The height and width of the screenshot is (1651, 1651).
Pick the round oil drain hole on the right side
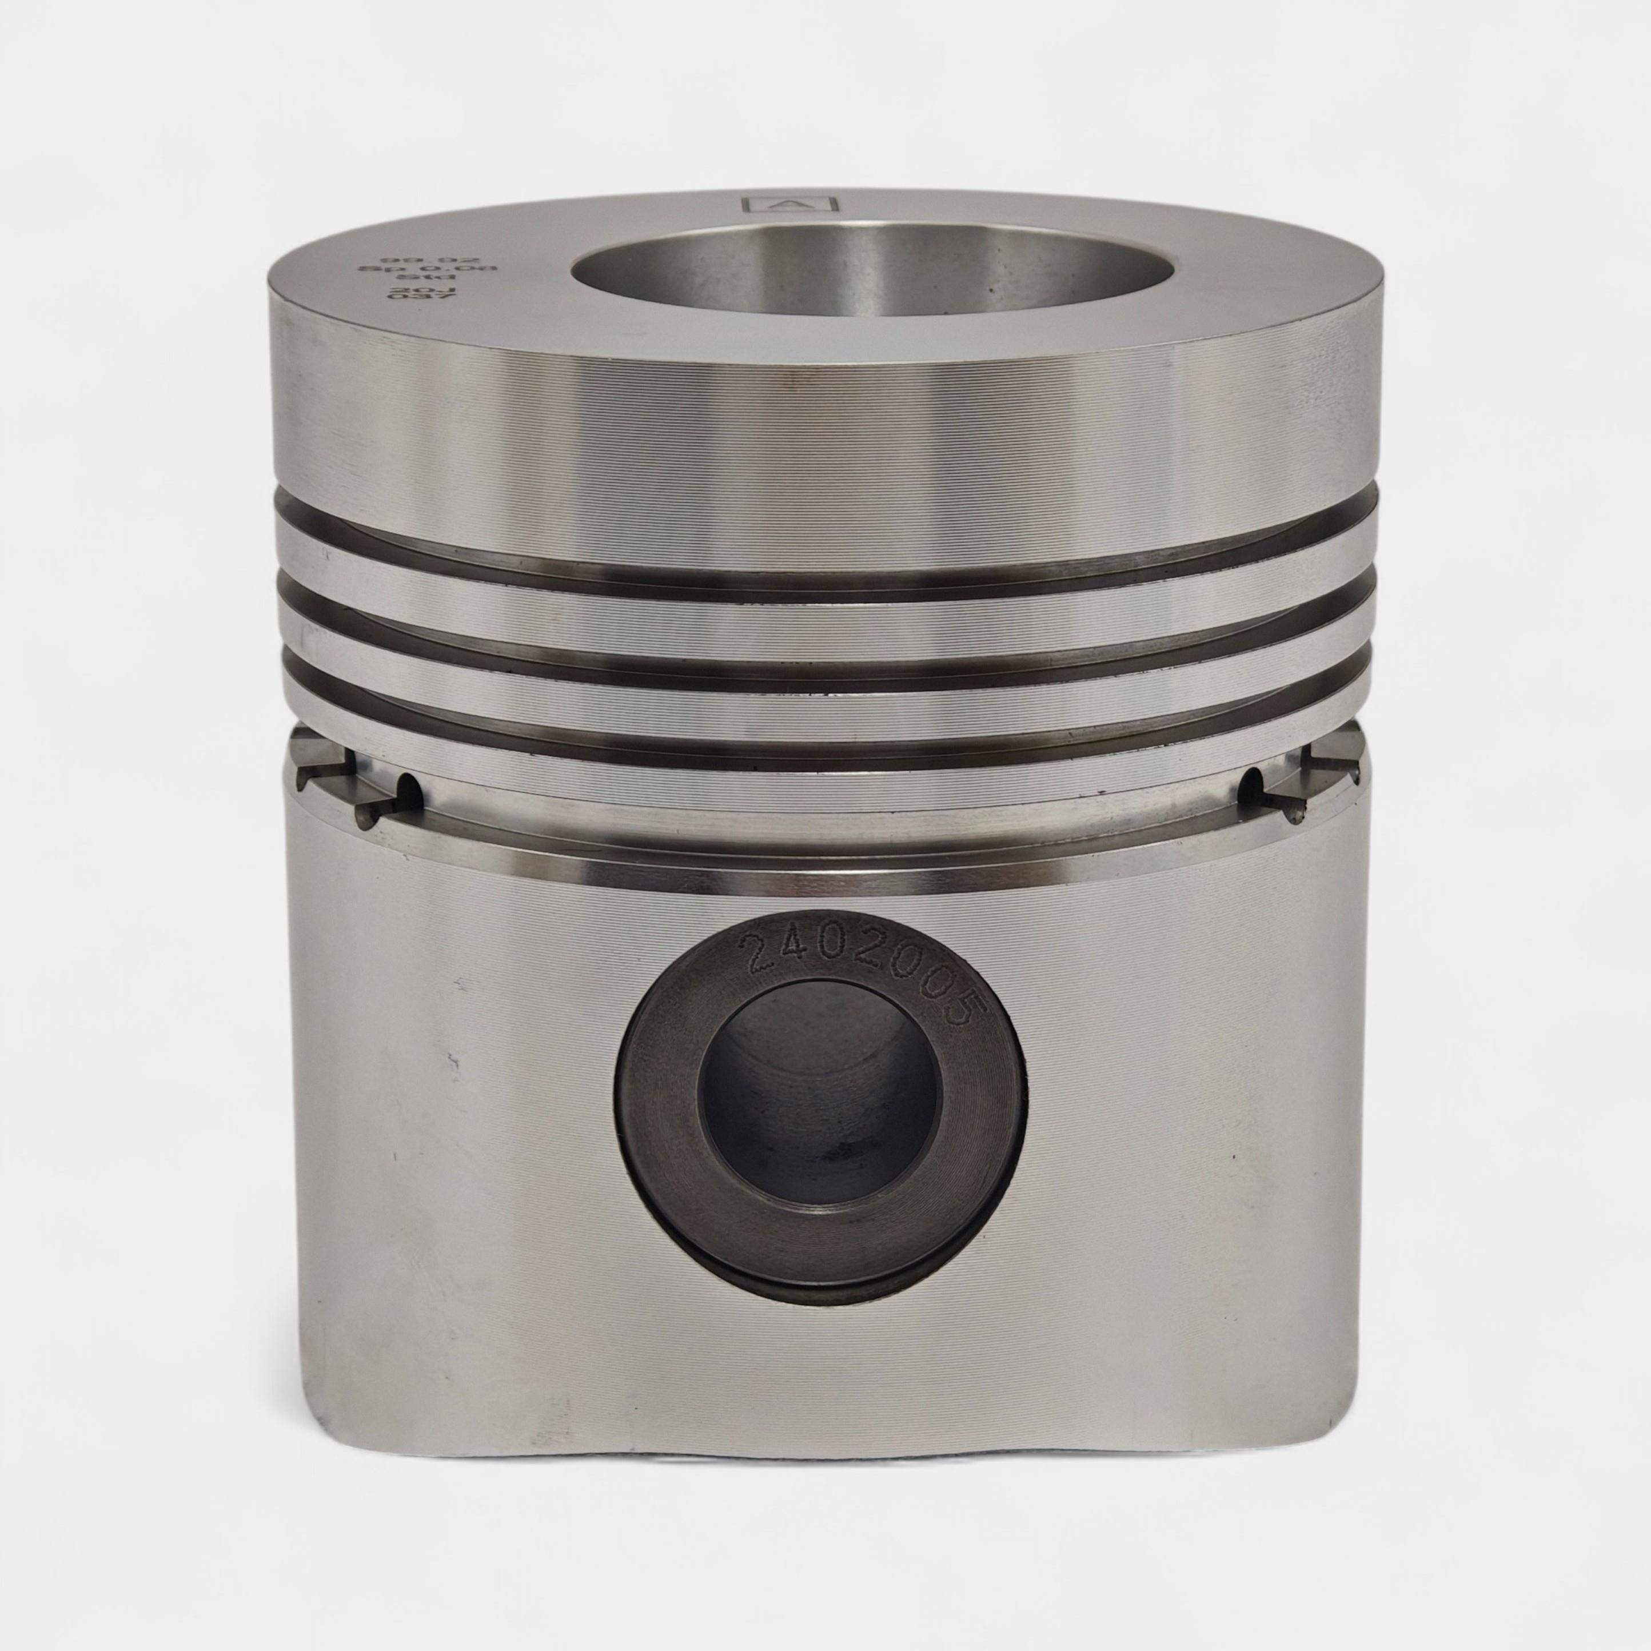pos(1253,779)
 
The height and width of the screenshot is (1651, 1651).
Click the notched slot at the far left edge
pos(321,773)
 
